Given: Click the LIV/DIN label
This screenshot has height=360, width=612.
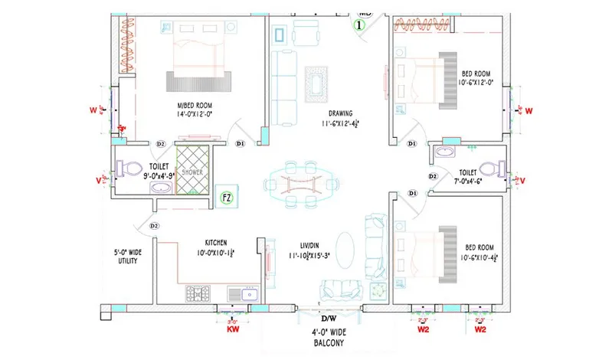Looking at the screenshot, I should [x=305, y=244].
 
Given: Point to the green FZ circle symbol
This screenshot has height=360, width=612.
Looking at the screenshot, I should [x=226, y=198].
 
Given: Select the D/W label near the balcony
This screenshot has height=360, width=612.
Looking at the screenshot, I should [x=329, y=318].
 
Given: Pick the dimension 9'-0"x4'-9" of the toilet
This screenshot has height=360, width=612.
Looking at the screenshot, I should [x=157, y=175].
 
